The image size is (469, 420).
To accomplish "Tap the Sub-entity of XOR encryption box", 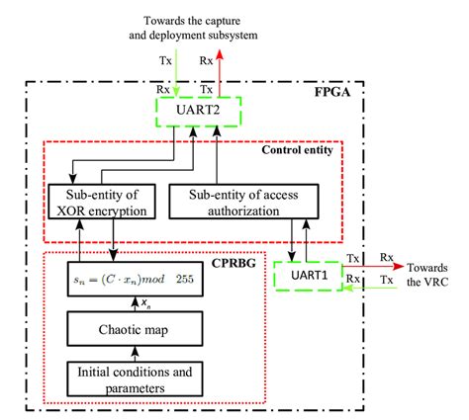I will pyautogui.click(x=100, y=201).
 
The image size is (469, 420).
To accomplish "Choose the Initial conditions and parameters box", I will pyautogui.click(x=138, y=379).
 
